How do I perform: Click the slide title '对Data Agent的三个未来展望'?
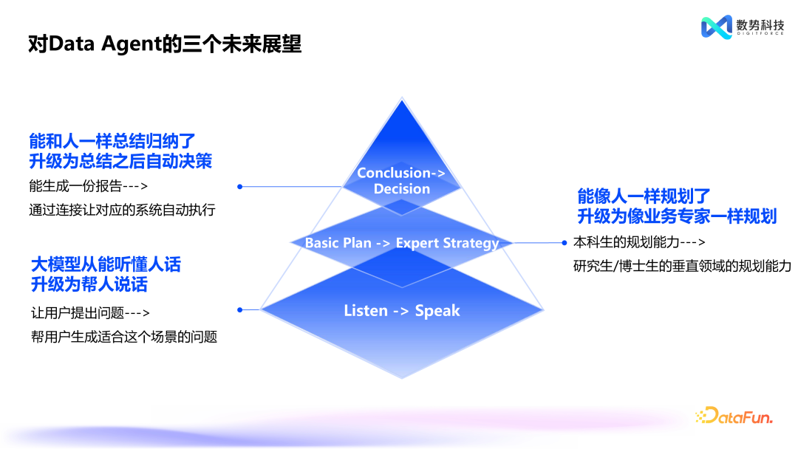[164, 44]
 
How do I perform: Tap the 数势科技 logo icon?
[715, 27]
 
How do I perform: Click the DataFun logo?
[734, 417]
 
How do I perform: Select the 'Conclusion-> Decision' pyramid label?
[401, 181]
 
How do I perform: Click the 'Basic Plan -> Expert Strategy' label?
[402, 243]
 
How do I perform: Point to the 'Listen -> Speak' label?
[402, 311]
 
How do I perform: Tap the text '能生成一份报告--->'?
[89, 186]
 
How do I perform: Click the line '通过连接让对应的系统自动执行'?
[122, 210]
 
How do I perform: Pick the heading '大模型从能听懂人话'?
[106, 264]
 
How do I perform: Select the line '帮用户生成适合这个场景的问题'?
[123, 337]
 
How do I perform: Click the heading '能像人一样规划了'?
[644, 196]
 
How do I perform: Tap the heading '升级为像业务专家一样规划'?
[676, 216]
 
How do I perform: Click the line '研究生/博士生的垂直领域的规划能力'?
[682, 266]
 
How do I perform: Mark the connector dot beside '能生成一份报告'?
[239, 187]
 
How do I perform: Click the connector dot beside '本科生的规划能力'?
[565, 242]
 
